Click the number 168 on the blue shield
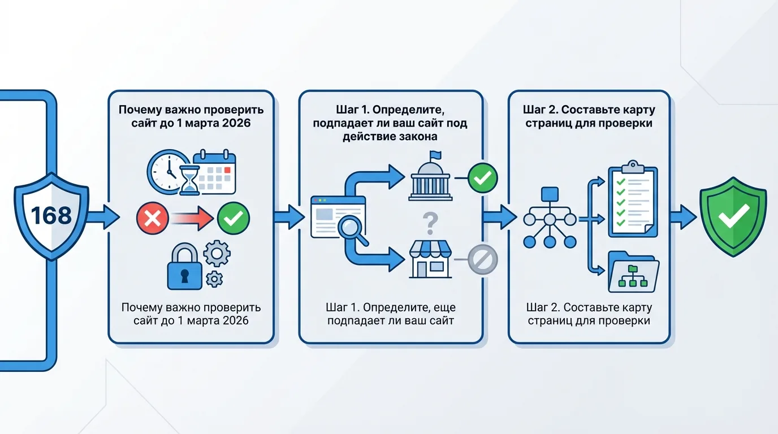[51, 215]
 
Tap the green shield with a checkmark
[733, 216]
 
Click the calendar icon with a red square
[214, 172]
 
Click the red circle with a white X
[152, 218]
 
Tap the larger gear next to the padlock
[217, 253]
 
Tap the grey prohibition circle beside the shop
[482, 259]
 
